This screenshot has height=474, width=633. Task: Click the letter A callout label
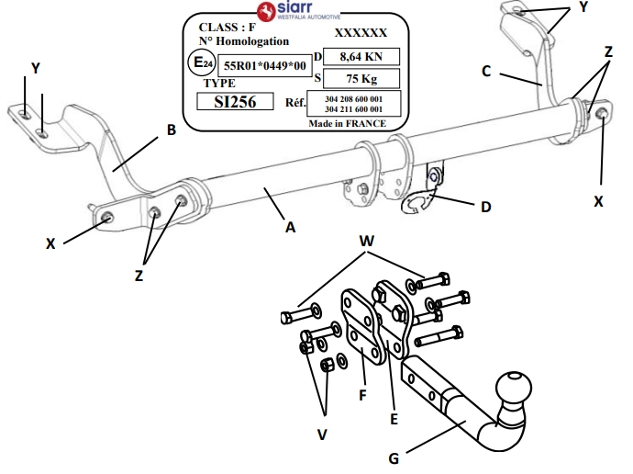(x=291, y=228)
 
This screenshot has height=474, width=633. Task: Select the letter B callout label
(x=171, y=130)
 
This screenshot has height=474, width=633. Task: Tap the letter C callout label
(x=486, y=71)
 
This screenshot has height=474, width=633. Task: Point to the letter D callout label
(x=485, y=207)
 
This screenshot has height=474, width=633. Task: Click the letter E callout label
(x=394, y=419)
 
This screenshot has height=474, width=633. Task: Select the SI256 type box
(x=235, y=100)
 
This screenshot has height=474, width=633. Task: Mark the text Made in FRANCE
(x=348, y=123)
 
